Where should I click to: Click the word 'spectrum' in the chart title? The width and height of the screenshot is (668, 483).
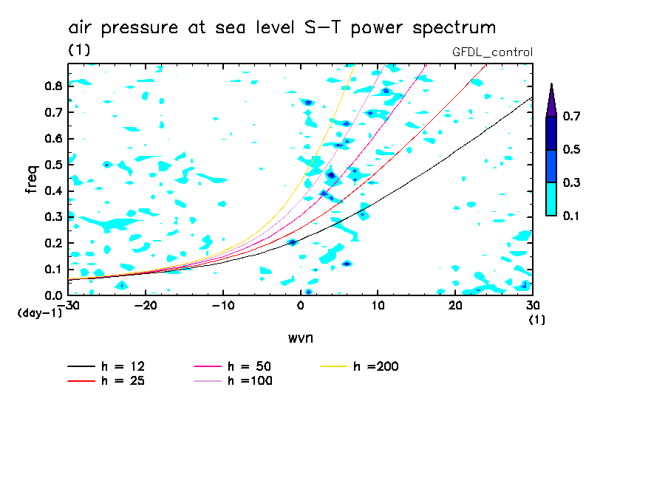[x=452, y=28]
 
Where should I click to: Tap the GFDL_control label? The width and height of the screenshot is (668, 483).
[x=492, y=52]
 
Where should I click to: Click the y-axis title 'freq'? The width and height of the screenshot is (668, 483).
[x=31, y=179]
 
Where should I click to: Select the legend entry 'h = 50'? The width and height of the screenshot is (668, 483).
[x=250, y=366]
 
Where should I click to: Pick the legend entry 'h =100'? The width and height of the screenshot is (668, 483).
[x=250, y=381]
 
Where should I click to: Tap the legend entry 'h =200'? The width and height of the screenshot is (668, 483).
[x=376, y=366]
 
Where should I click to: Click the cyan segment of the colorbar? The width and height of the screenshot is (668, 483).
[x=551, y=199]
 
